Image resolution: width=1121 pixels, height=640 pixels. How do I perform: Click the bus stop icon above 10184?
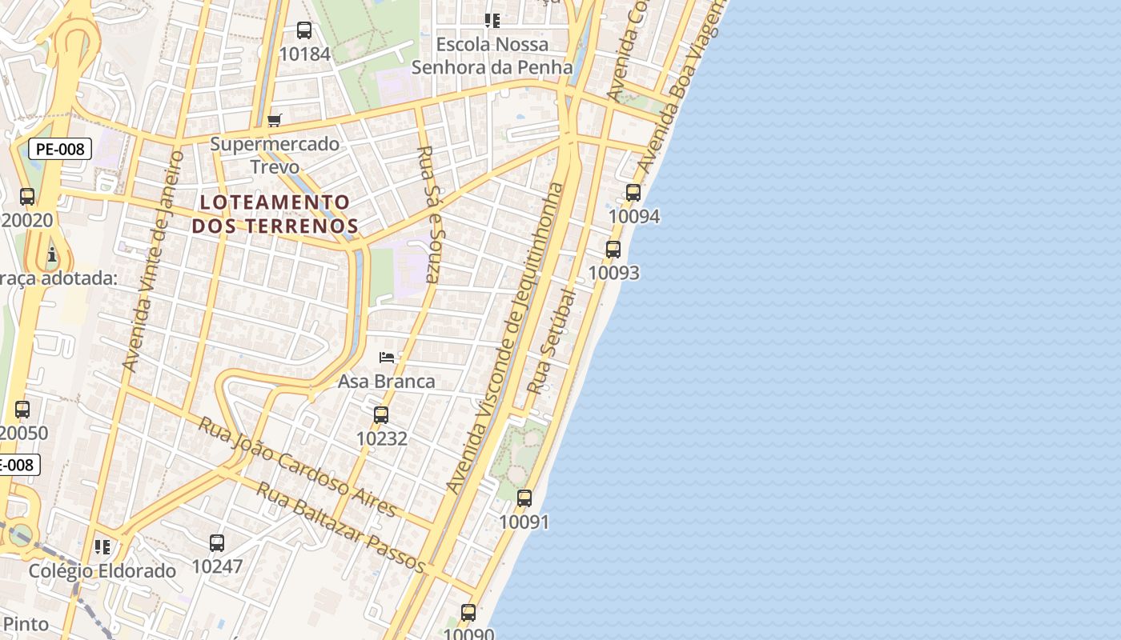pos(304,30)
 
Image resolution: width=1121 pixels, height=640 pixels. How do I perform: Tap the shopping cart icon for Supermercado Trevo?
pos(275,121)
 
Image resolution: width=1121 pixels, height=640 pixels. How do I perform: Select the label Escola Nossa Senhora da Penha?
pos(492,55)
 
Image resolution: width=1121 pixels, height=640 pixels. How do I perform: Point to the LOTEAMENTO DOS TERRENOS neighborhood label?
pos(275,214)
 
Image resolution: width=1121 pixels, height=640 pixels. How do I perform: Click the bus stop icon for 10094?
pos(633,193)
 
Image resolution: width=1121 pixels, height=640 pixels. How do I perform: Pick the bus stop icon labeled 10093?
pos(613,250)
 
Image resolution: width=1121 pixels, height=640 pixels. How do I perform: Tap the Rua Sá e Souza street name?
pos(430,214)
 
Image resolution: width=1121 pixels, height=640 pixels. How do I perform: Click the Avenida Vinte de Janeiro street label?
pos(152,262)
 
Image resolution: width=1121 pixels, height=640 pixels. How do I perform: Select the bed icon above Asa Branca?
pos(387,358)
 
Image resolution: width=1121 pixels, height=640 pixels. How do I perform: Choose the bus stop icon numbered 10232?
pos(381,415)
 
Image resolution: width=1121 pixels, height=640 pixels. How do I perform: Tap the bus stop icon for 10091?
pos(524,498)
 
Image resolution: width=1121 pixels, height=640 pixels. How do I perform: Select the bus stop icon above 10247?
pos(217,543)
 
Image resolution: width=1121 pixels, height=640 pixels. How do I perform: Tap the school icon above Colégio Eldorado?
pos(102,547)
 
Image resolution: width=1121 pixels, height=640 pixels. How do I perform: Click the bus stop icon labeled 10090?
pos(468,613)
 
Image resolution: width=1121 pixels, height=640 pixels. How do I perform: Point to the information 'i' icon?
pos(52,255)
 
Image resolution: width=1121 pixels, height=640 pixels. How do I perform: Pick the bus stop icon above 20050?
pos(22,410)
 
